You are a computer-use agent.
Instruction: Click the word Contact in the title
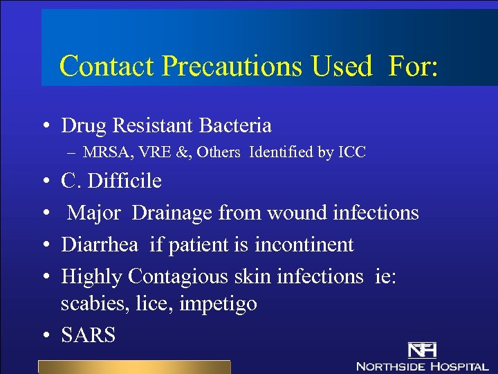tap(107, 66)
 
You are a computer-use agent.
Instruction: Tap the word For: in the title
tap(413, 66)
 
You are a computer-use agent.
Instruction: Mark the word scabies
tap(87, 304)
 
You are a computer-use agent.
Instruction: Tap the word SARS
tap(88, 336)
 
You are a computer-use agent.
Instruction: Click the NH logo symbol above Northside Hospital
tap(421, 350)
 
